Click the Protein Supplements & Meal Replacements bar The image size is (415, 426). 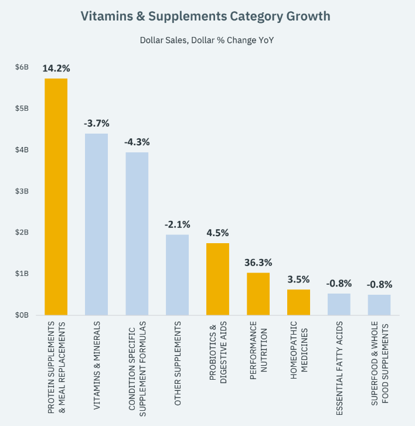(56, 197)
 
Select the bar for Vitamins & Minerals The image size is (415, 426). (97, 224)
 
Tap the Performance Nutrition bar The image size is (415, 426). (258, 294)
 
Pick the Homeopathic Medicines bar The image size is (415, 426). (298, 302)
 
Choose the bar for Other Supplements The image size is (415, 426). (178, 275)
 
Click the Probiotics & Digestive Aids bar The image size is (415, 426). (217, 279)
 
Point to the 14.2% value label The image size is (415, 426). (56, 68)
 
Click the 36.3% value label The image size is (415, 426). (258, 263)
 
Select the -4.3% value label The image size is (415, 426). (137, 142)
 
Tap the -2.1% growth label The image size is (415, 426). (178, 224)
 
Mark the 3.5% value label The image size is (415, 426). (298, 279)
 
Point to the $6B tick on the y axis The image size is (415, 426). (22, 67)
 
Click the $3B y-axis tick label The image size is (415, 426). (22, 191)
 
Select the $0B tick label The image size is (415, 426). (22, 315)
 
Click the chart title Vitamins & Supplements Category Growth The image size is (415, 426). (207, 16)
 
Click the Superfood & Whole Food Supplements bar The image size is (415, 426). (379, 305)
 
